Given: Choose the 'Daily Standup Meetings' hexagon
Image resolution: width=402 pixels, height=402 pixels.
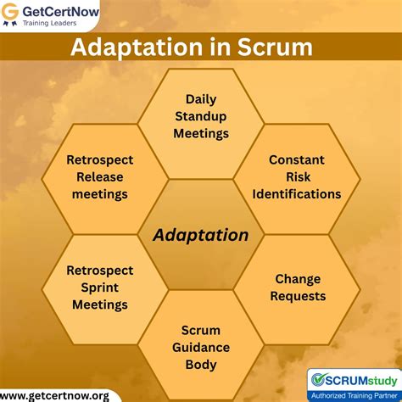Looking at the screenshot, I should tap(201, 117).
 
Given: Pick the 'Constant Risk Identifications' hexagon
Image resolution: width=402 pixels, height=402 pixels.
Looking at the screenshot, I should tap(297, 176).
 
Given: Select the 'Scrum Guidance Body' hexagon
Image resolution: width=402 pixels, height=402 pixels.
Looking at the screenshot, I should tap(201, 346).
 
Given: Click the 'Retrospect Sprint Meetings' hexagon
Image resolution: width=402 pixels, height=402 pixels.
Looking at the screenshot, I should tap(100, 288).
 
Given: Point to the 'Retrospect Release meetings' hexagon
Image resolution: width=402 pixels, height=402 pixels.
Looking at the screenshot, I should tap(100, 176).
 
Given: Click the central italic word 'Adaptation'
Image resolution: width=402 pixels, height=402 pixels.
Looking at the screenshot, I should tap(201, 235).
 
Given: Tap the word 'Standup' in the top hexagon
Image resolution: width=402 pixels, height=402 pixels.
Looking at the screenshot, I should tap(201, 117).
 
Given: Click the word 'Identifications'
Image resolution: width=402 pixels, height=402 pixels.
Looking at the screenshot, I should tap(297, 193).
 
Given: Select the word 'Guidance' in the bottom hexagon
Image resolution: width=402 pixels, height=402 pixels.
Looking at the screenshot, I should tap(201, 346).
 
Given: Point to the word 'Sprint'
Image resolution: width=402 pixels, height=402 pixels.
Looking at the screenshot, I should tap(100, 288).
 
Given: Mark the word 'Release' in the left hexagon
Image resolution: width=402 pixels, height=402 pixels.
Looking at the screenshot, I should tap(100, 176).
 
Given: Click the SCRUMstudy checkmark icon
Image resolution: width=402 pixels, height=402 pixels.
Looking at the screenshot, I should tap(319, 379).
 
